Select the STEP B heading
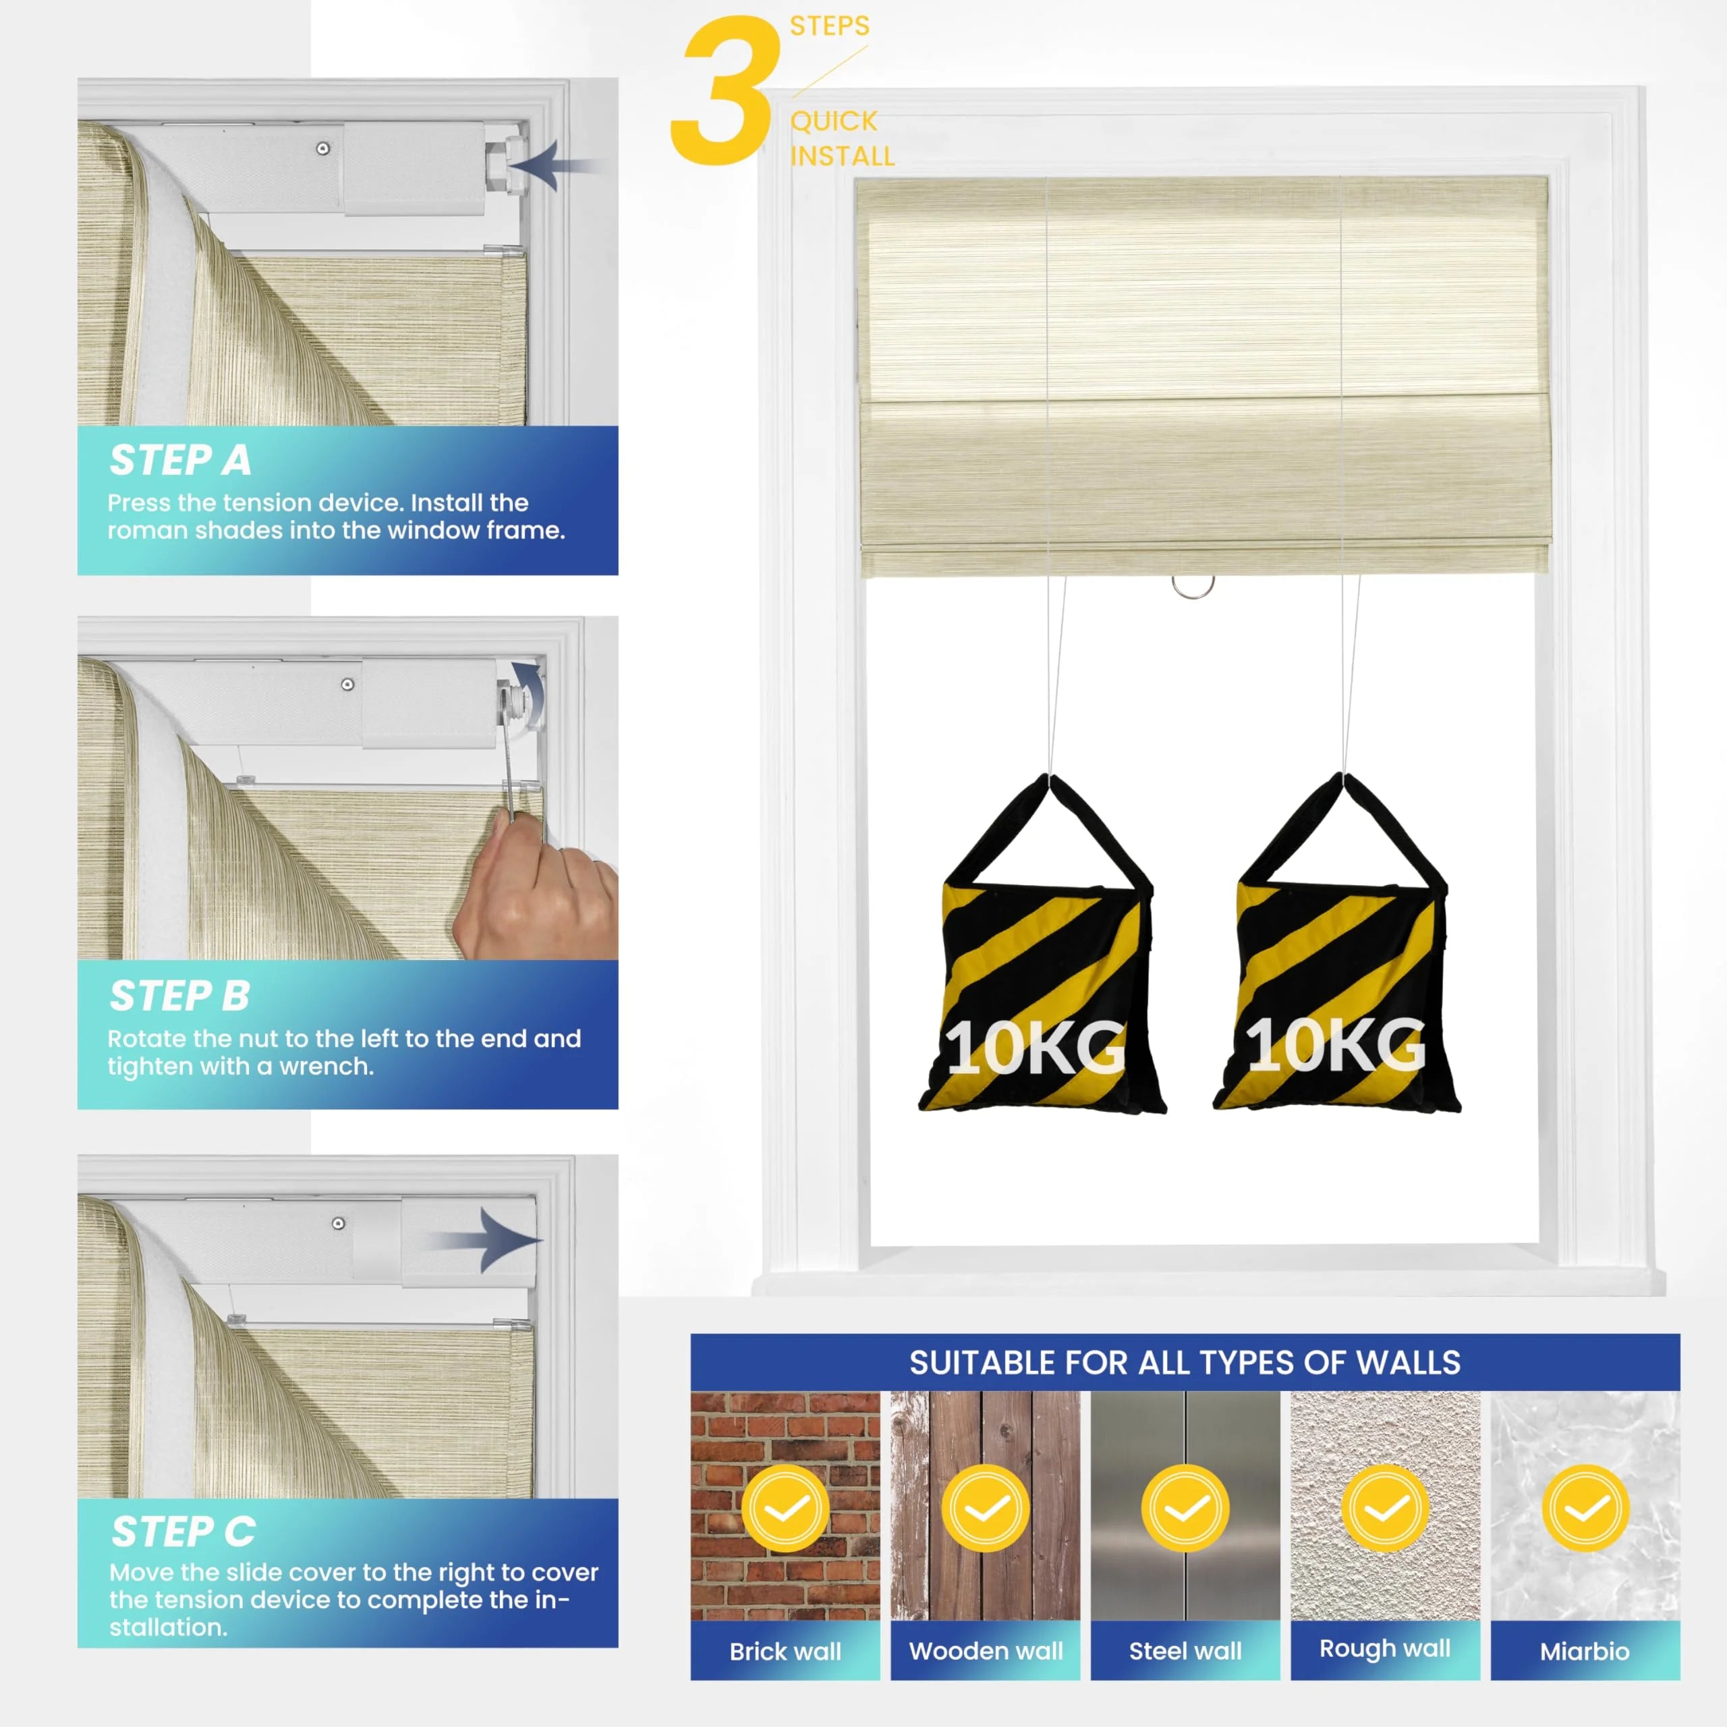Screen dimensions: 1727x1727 pyautogui.click(x=179, y=996)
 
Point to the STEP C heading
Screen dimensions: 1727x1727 pyautogui.click(x=183, y=1532)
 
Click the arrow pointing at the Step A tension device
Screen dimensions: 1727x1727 pyautogui.click(x=553, y=165)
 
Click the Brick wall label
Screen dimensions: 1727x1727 pyautogui.click(x=785, y=1651)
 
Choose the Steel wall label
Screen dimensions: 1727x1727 pyautogui.click(x=1185, y=1651)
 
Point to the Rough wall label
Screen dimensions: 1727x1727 pyautogui.click(x=1385, y=1649)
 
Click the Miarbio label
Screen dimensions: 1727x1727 pyautogui.click(x=1585, y=1651)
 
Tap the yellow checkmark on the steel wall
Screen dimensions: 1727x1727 pyautogui.click(x=1185, y=1508)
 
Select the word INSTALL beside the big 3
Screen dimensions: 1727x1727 pyautogui.click(x=842, y=157)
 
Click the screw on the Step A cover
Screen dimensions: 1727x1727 pyautogui.click(x=322, y=148)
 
